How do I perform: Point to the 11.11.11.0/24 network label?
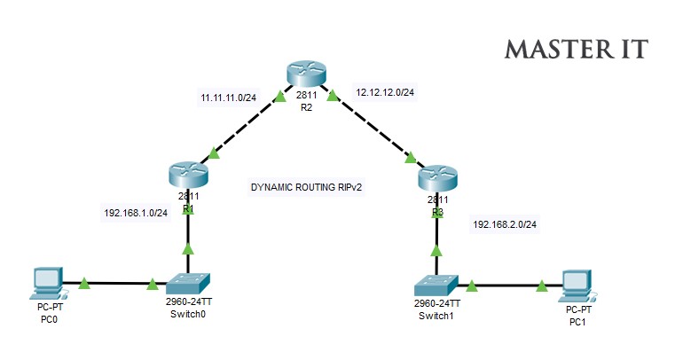[x=228, y=97]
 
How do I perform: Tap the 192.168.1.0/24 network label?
[x=136, y=213]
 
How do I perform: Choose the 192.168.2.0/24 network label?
[x=505, y=225]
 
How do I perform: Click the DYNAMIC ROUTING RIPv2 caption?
[x=307, y=188]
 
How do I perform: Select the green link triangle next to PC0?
[x=84, y=284]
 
